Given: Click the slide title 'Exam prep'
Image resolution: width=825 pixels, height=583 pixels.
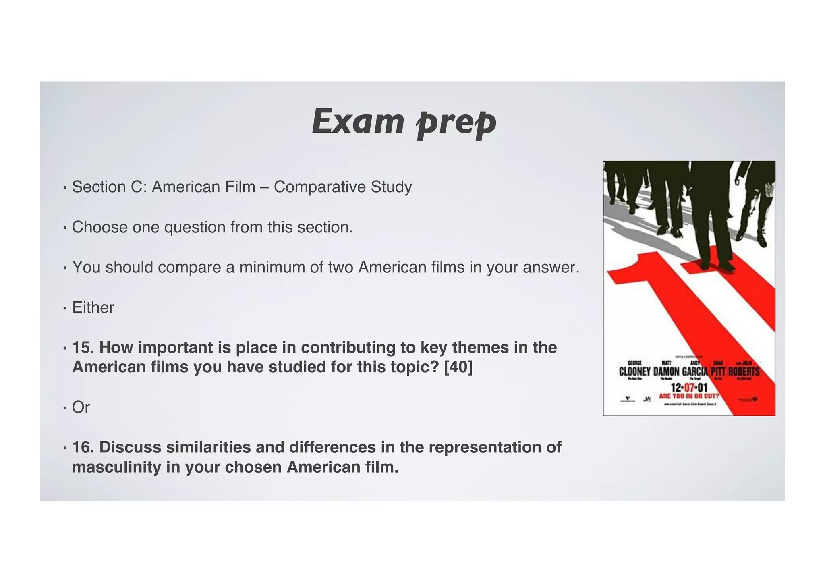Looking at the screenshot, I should pyautogui.click(x=404, y=122).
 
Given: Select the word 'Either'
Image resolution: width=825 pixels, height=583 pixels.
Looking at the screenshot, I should pyautogui.click(x=93, y=308).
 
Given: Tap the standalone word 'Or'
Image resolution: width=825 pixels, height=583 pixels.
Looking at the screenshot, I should pyautogui.click(x=81, y=407).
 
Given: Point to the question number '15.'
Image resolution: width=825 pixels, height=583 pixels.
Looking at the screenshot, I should pyautogui.click(x=83, y=347).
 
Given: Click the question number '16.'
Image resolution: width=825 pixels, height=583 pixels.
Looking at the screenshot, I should pyautogui.click(x=83, y=447).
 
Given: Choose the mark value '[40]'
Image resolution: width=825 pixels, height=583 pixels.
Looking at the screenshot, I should pyautogui.click(x=458, y=367).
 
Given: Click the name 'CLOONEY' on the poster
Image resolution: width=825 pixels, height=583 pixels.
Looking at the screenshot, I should pyautogui.click(x=634, y=371).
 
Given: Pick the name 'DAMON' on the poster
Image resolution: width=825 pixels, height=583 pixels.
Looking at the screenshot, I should pyautogui.click(x=666, y=371).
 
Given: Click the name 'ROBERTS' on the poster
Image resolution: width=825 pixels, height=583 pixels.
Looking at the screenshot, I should pyautogui.click(x=744, y=371).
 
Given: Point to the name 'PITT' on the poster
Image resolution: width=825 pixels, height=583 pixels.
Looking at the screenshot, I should pyautogui.click(x=718, y=371).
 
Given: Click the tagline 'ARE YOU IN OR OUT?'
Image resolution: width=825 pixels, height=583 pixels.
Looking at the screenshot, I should pyautogui.click(x=689, y=396).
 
